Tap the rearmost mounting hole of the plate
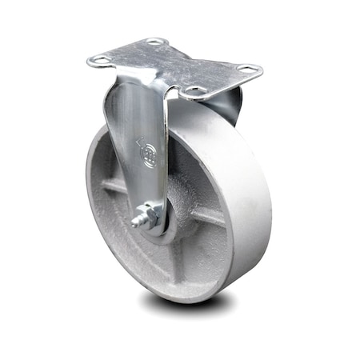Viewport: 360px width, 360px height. point(154,42)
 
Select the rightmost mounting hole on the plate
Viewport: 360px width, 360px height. point(247,70)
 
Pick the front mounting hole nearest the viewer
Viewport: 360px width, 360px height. point(194,93)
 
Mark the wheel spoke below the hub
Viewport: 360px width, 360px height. point(172,256)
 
